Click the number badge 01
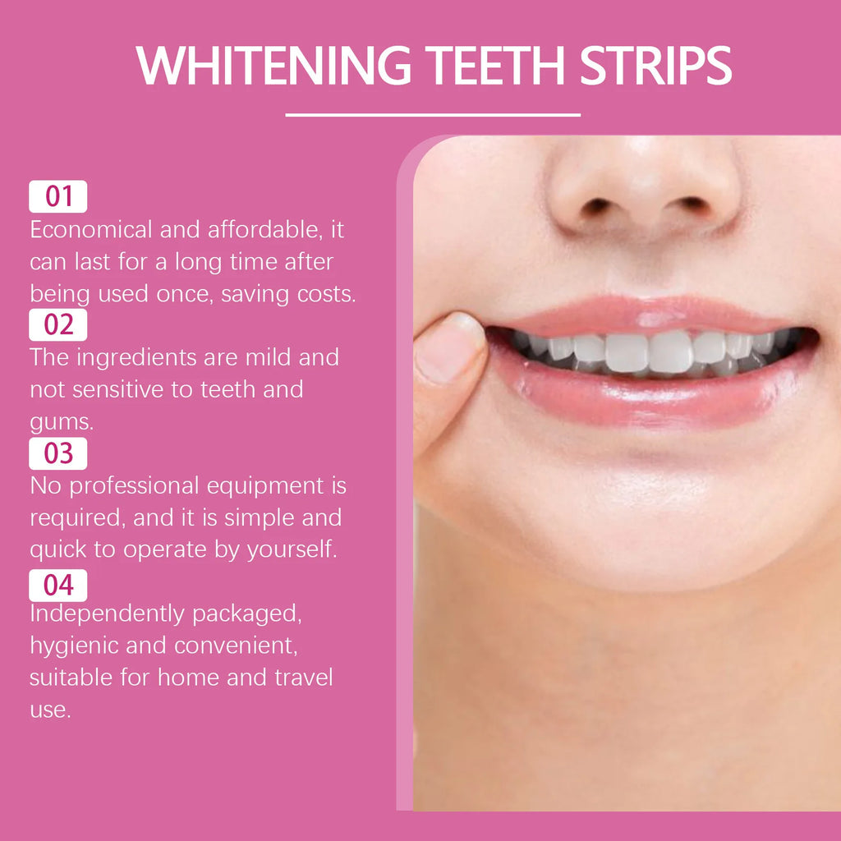pyautogui.click(x=58, y=197)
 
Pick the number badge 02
pyautogui.click(x=58, y=325)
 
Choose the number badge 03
pyautogui.click(x=58, y=453)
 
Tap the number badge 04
pyautogui.click(x=58, y=586)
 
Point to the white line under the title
pyautogui.click(x=433, y=115)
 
